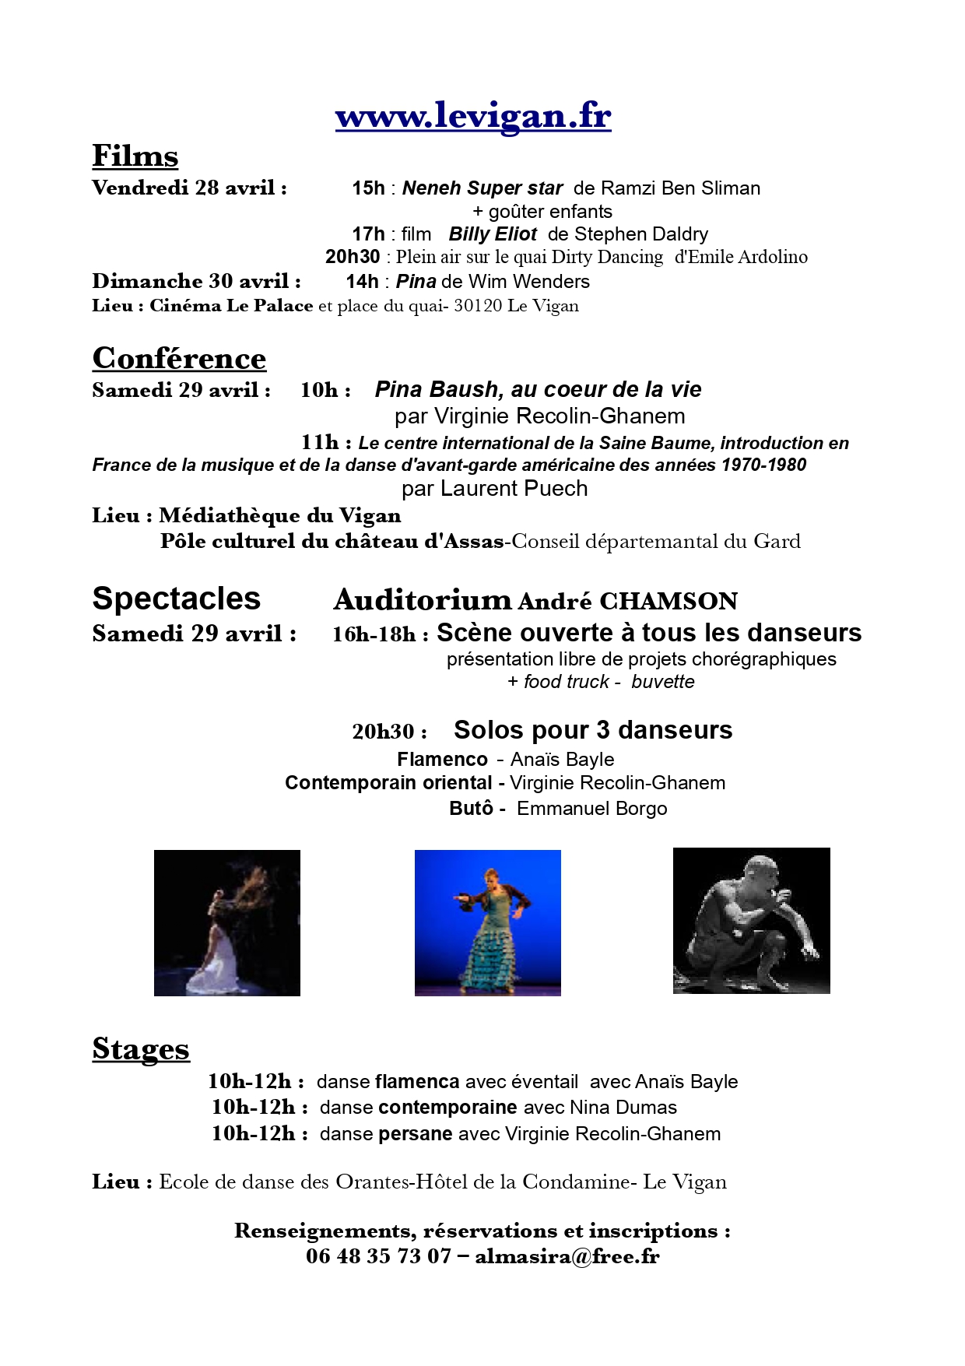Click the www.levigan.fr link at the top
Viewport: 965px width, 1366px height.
pos(473,116)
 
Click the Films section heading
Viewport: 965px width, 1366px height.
pos(135,156)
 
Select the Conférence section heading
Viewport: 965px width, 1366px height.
pos(179,358)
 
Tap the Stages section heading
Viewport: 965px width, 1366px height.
pos(141,1048)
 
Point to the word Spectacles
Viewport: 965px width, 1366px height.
pos(176,599)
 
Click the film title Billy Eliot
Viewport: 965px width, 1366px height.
pos(493,234)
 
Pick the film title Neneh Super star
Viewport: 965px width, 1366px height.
pos(482,188)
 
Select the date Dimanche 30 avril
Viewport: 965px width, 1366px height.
pos(196,281)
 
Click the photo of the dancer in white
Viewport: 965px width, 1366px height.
pos(227,923)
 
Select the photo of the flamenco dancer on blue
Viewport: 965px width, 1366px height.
pos(487,923)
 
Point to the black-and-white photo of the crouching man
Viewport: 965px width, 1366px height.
pos(751,921)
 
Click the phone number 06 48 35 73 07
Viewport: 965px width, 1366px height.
pos(378,1256)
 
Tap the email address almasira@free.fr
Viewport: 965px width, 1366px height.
pos(567,1256)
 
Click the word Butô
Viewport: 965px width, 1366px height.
pos(471,809)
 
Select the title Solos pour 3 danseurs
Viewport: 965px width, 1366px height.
pos(593,730)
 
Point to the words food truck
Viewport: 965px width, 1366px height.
pos(567,682)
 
